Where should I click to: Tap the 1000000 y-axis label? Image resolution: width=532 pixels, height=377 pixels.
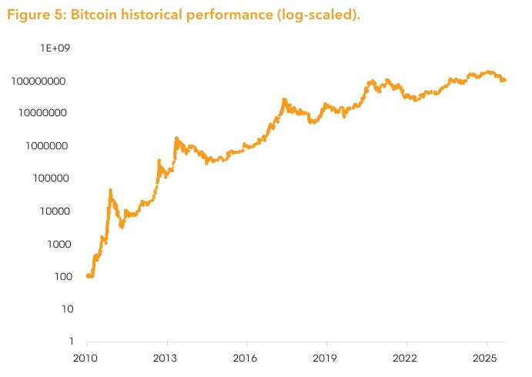click(46, 145)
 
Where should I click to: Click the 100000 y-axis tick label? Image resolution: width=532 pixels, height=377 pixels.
click(49, 178)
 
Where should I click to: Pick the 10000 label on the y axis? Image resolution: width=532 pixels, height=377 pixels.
click(52, 211)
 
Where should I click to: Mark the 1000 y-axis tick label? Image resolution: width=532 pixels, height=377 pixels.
click(55, 244)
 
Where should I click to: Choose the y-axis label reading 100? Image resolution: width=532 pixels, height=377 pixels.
click(59, 276)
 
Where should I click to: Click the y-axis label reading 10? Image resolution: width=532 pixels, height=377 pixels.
click(62, 309)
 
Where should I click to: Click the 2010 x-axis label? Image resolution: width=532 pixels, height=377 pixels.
click(86, 358)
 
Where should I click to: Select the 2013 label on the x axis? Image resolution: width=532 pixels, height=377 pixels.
click(166, 358)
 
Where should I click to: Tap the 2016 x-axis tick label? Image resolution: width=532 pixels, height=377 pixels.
click(246, 358)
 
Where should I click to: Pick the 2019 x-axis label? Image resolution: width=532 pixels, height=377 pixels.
click(326, 358)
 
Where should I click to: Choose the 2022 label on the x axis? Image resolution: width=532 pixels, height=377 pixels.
click(407, 358)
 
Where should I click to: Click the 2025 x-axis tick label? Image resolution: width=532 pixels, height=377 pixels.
click(487, 358)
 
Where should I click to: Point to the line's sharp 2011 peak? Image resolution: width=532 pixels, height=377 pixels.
click(110, 190)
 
